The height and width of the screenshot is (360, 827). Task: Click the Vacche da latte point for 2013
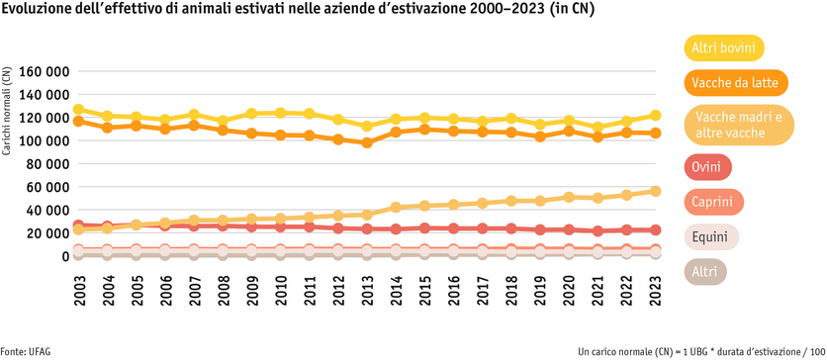[x=368, y=142]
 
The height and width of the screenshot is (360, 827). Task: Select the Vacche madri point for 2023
[x=656, y=191]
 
